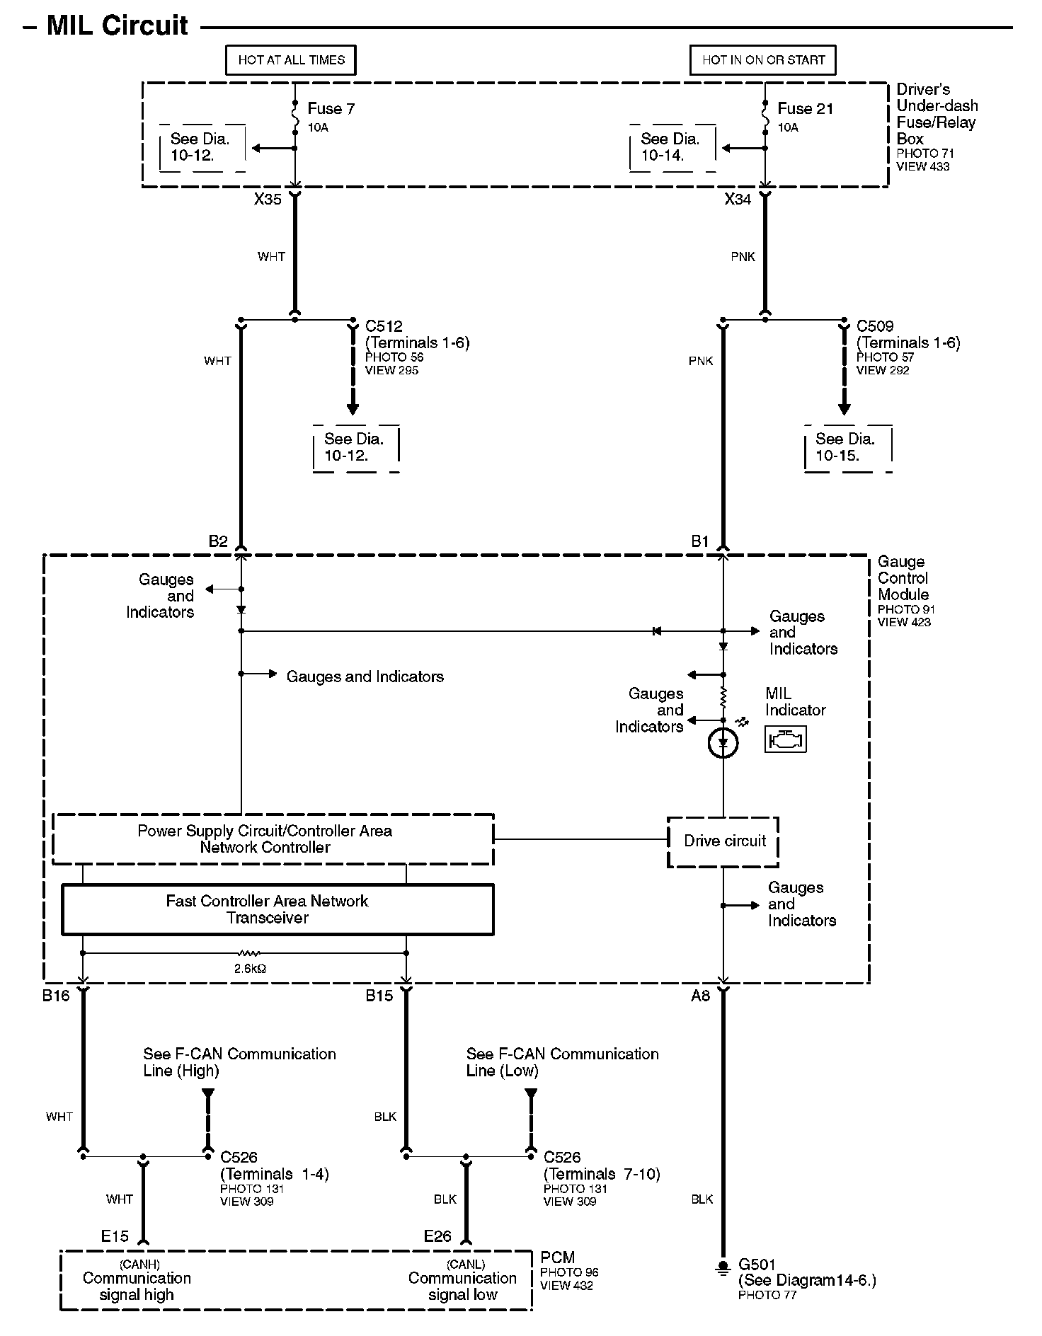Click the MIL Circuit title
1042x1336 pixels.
coord(117,26)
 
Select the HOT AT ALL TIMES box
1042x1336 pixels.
coord(291,60)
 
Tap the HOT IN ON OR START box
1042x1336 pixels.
coord(763,60)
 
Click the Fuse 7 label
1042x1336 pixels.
coord(331,109)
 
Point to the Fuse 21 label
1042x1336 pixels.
coord(805,109)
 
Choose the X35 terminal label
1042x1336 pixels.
coord(268,200)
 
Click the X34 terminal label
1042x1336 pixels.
coord(738,200)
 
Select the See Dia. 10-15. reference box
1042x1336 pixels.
coord(847,448)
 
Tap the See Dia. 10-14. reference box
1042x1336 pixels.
coord(672,148)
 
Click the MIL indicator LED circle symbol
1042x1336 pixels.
coord(723,743)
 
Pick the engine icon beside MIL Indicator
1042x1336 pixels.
coord(785,740)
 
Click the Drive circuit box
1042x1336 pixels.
coord(723,841)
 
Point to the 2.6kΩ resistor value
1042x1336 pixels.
coord(250,969)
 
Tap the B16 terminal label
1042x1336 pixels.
coord(56,996)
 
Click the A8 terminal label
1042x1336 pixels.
coord(700,996)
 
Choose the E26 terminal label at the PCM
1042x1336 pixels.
coord(437,1236)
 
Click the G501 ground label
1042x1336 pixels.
coord(757,1265)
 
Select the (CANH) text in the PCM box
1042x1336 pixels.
coord(139,1265)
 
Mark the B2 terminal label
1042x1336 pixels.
coord(218,542)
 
